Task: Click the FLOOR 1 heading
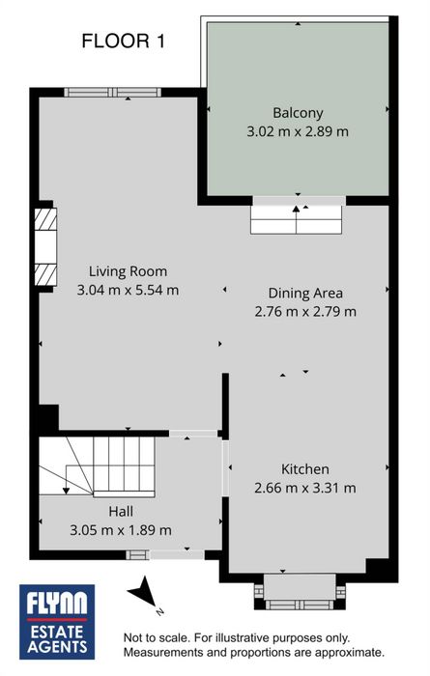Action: tap(124, 42)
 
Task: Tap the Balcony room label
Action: tap(298, 113)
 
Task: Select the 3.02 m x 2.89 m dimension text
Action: tap(298, 131)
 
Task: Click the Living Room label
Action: tap(128, 271)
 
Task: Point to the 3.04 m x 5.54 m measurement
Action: tap(128, 290)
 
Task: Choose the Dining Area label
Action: tap(305, 294)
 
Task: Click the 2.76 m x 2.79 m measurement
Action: tap(305, 311)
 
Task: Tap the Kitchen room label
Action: tap(305, 469)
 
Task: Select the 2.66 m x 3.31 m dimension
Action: tap(305, 488)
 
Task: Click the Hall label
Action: tap(121, 512)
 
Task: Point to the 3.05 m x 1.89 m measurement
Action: tap(121, 530)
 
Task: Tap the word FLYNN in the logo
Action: tap(57, 603)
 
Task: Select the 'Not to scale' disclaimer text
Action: tap(253, 645)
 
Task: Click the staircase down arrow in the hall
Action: tap(66, 479)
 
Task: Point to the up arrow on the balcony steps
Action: tap(296, 219)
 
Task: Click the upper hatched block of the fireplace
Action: tap(45, 219)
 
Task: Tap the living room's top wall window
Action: tap(112, 93)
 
